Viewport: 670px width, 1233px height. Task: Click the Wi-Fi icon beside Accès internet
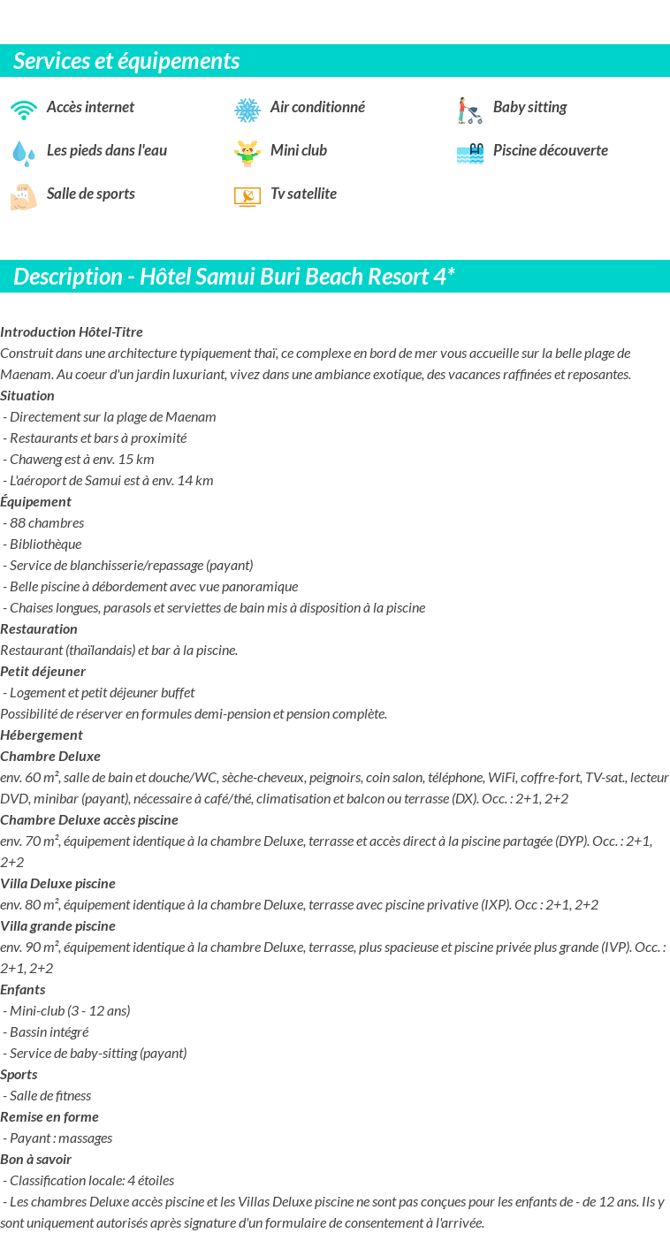point(24,110)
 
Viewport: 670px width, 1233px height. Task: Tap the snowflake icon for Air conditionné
point(247,110)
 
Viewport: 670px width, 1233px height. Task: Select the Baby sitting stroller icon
point(469,110)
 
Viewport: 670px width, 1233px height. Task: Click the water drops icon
point(24,154)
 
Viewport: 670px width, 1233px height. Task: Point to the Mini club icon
point(247,153)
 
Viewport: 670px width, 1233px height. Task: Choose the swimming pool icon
point(470,154)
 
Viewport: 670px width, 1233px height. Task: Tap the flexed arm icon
point(24,196)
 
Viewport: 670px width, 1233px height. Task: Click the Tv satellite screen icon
point(247,196)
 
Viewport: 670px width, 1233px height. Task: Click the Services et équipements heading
point(126,61)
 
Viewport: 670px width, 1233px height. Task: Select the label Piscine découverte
point(550,150)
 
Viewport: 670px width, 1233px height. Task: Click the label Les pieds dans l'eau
point(107,150)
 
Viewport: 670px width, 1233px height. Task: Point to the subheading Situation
point(27,395)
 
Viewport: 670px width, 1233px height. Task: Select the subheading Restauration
point(39,628)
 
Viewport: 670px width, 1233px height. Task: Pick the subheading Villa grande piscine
point(57,925)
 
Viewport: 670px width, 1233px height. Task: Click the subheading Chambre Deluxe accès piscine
point(89,819)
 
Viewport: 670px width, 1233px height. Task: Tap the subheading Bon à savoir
point(35,1159)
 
